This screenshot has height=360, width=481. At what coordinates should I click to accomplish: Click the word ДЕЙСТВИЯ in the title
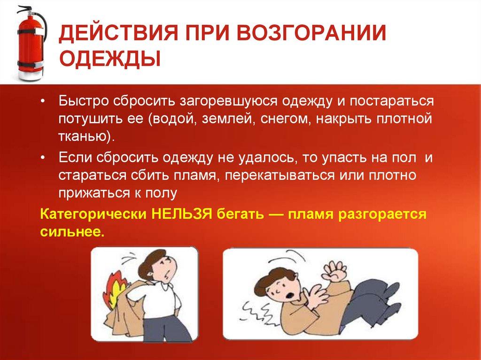click(x=118, y=33)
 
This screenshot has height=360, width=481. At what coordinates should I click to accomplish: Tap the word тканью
click(x=84, y=137)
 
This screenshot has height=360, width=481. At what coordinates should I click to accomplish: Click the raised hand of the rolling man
click(x=336, y=271)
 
